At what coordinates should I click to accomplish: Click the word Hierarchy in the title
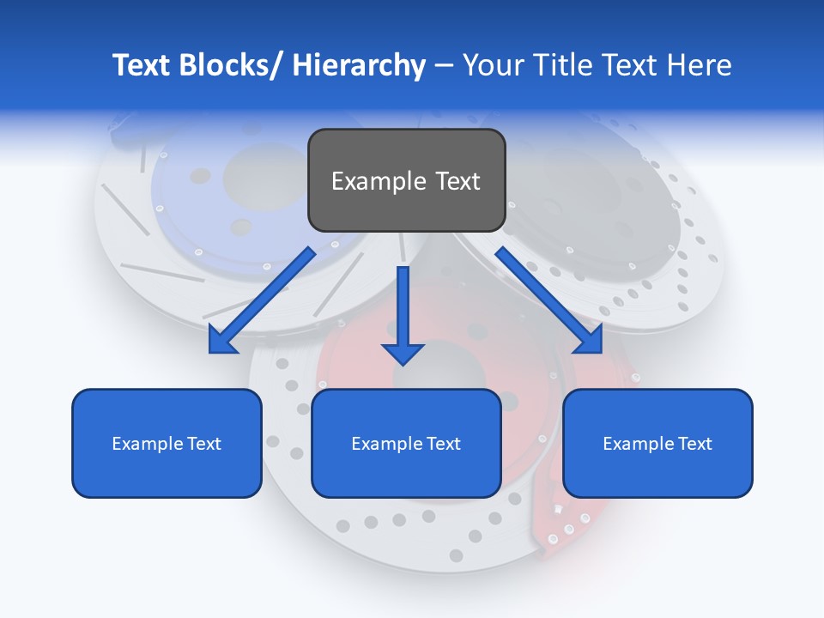[x=359, y=65]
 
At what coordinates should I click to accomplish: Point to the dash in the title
[x=444, y=66]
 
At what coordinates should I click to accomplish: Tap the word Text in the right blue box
[x=694, y=444]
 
